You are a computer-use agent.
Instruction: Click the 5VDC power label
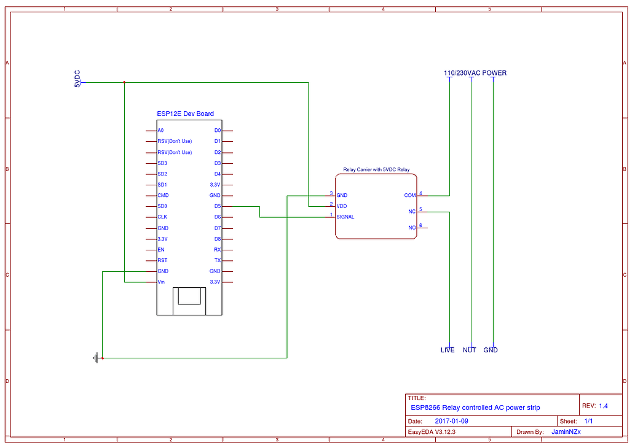77,79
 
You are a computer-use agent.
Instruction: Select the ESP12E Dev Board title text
185,114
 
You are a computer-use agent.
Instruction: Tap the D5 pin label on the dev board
217,206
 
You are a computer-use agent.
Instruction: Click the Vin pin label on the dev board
161,282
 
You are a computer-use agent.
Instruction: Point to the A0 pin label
160,131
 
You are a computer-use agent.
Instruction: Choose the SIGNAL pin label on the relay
345,217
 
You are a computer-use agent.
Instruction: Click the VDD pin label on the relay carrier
342,206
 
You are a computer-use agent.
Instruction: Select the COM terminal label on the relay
409,195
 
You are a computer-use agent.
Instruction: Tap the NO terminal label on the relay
412,228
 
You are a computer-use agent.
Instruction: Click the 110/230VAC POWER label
475,73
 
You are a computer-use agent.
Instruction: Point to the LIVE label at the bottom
448,350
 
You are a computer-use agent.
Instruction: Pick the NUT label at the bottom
469,350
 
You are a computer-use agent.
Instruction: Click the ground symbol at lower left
97,357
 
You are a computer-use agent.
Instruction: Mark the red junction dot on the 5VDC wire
125,82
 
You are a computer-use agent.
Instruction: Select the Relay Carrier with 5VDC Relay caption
376,169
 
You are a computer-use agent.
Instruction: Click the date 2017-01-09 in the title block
451,421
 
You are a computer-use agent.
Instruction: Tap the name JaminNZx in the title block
566,431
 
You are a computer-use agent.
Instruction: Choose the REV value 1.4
603,406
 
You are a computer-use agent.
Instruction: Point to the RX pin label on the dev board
217,250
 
